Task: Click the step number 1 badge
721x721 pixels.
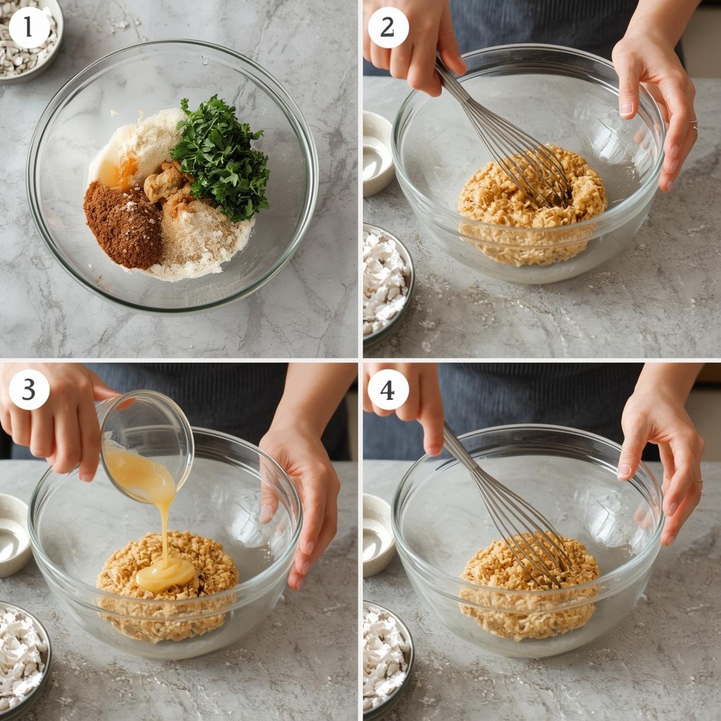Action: pos(29,28)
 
